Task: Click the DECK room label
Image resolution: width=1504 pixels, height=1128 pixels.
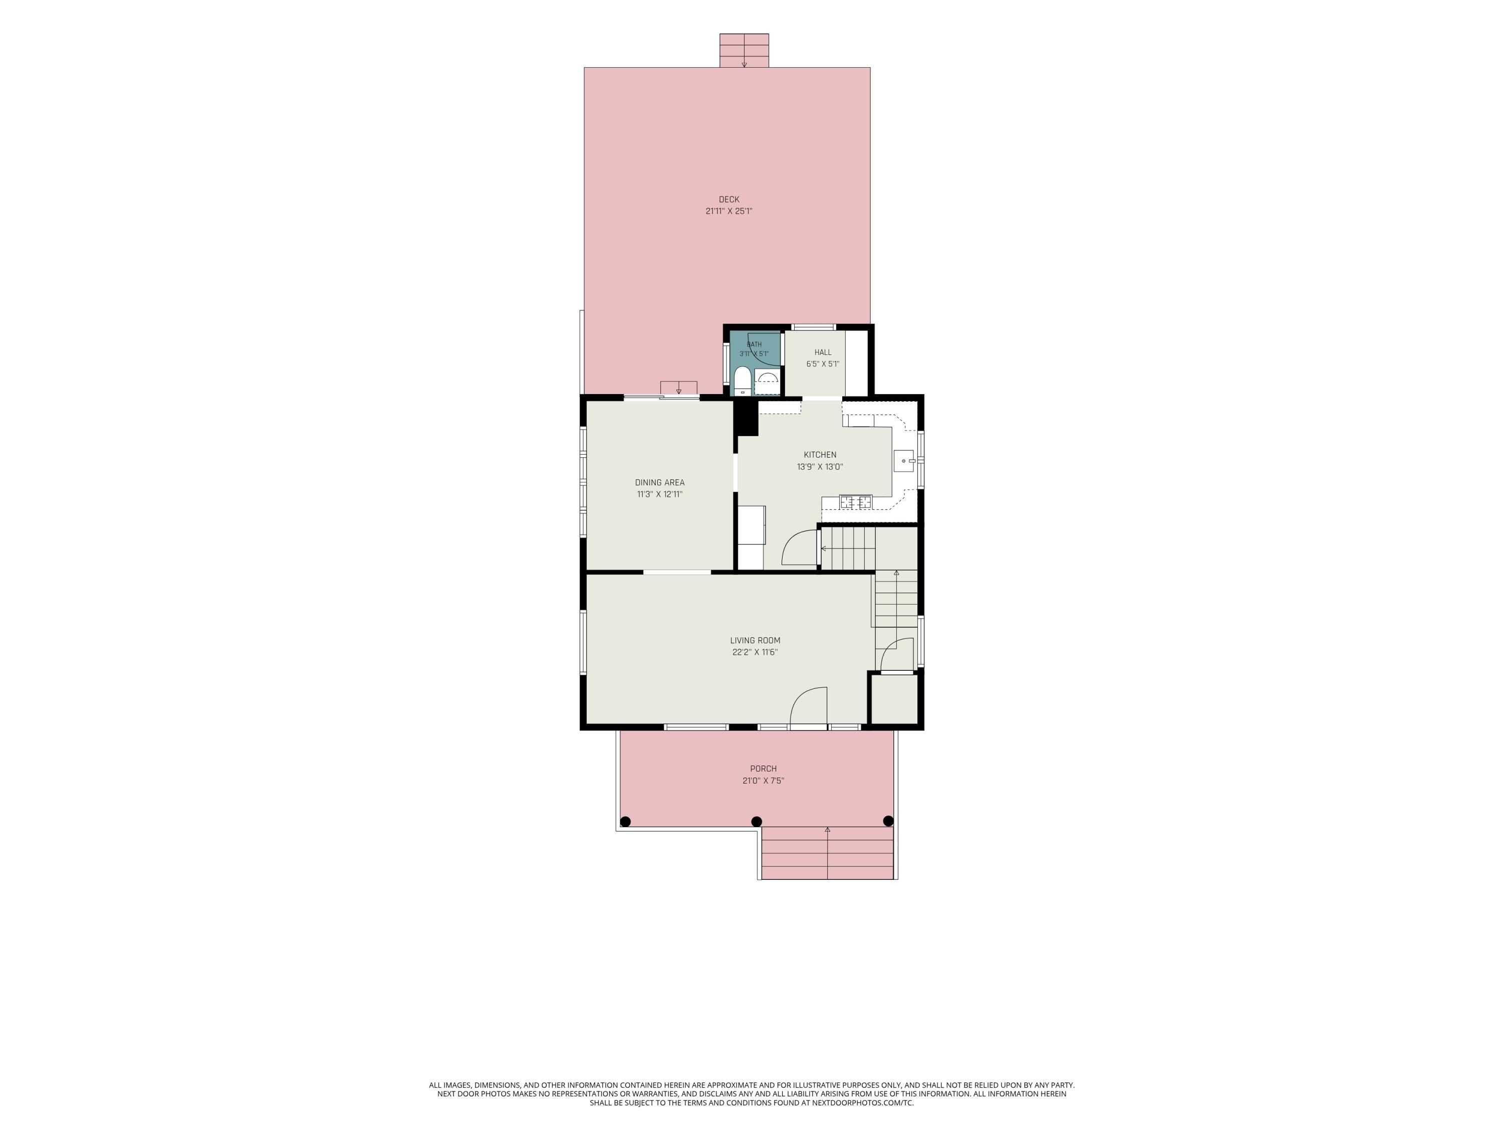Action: [729, 199]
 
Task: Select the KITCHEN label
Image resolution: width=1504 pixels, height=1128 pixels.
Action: [820, 455]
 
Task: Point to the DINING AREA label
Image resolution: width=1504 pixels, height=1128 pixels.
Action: [660, 483]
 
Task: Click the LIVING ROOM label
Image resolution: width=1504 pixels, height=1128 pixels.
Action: [755, 641]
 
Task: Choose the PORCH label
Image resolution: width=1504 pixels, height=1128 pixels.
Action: [764, 769]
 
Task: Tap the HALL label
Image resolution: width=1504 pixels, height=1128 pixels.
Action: [823, 352]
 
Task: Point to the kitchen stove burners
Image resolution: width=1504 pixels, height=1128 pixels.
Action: [855, 502]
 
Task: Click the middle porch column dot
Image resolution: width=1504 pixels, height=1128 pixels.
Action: [756, 821]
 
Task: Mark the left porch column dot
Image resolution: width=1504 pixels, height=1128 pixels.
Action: [626, 821]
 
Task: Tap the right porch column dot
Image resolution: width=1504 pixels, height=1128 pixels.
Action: [887, 821]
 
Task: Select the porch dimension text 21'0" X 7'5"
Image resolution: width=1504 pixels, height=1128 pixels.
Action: [764, 781]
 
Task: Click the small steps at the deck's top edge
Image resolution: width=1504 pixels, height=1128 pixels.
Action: [744, 50]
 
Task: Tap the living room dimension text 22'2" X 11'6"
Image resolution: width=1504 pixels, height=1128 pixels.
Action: [755, 653]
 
